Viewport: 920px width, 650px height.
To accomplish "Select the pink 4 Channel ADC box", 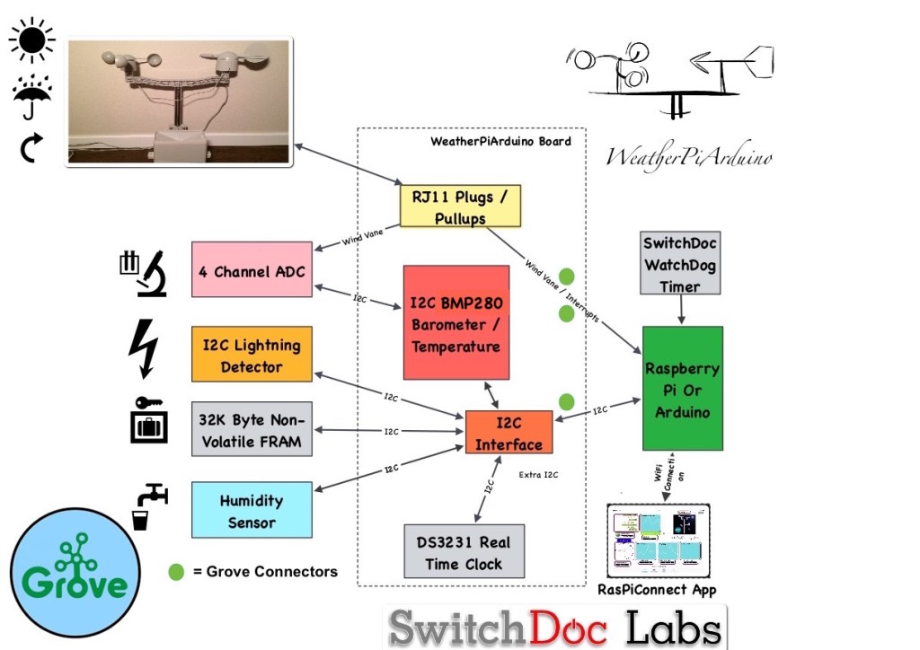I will pos(252,270).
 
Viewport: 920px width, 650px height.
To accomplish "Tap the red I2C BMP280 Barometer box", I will pos(456,322).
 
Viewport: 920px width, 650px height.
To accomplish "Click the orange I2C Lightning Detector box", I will pos(252,356).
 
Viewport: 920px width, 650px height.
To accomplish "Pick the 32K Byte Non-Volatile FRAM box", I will pos(252,431).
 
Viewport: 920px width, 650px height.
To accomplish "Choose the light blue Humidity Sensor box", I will pos(252,511).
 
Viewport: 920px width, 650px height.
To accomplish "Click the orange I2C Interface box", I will pos(509,433).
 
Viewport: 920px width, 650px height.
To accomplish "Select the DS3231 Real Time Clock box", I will pos(464,552).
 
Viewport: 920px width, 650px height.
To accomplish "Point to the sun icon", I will pos(32,40).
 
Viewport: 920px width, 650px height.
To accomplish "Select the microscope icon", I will pos(144,273).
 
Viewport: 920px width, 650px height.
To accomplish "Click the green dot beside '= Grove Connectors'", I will pos(176,572).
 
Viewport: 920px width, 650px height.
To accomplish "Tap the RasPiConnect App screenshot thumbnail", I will pos(659,541).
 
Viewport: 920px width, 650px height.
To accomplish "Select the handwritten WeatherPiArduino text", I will pos(689,156).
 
